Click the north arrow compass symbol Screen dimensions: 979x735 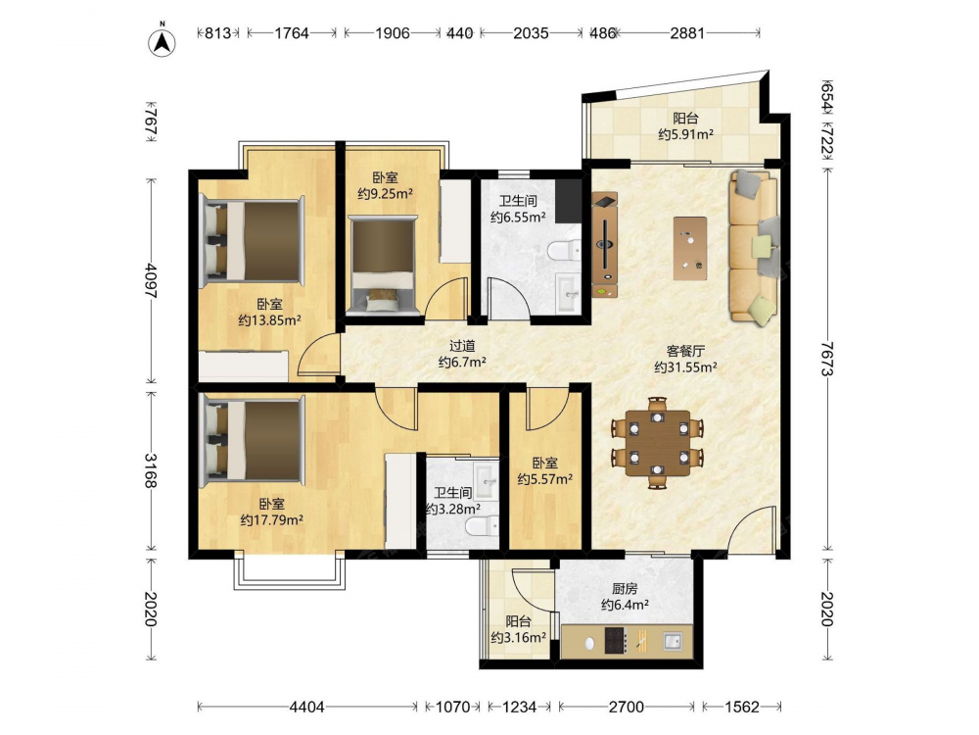point(162,40)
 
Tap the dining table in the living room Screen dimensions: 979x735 point(658,443)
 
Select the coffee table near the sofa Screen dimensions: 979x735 point(690,248)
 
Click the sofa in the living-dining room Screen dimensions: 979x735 point(754,247)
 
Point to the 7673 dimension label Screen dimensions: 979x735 point(827,359)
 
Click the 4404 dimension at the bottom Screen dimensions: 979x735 point(306,707)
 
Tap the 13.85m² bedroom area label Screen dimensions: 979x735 point(270,320)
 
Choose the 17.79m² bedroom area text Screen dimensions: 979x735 point(272,520)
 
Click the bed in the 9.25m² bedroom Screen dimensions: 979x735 point(383,263)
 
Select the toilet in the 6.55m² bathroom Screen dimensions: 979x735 point(563,251)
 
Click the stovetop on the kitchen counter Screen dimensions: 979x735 point(616,641)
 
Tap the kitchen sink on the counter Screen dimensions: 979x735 point(673,641)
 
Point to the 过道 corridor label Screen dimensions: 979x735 point(463,346)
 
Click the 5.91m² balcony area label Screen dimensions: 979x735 point(685,134)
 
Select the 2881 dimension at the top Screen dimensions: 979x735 point(687,32)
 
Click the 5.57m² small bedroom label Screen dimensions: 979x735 point(545,479)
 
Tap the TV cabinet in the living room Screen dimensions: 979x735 point(605,245)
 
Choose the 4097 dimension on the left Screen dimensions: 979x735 point(151,280)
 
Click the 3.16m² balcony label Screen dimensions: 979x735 point(519,638)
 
